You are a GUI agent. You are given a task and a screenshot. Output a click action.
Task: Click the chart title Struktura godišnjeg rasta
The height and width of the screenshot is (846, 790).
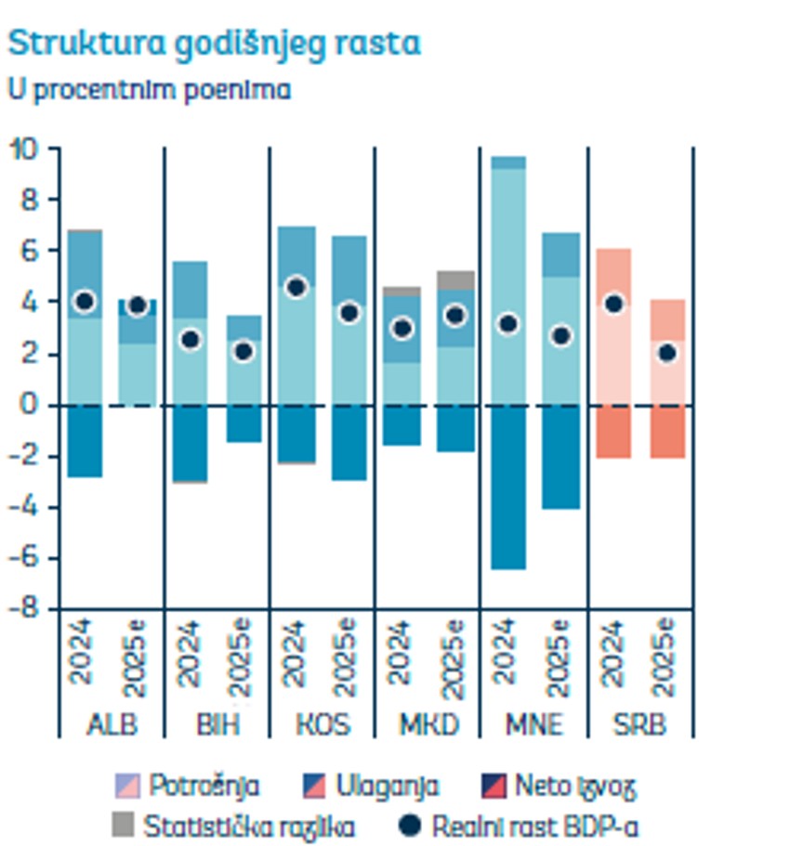click(x=214, y=43)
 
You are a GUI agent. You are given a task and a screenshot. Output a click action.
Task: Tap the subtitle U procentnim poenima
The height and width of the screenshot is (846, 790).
click(x=149, y=90)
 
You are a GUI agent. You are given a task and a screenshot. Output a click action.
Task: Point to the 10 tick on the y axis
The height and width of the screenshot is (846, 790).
click(x=26, y=149)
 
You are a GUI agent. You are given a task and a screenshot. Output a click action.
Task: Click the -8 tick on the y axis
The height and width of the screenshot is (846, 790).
click(x=26, y=609)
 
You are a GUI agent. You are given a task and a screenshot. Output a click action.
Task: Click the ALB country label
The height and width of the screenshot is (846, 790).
click(x=112, y=724)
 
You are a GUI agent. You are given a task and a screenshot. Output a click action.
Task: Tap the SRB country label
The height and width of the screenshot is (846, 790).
click(x=640, y=724)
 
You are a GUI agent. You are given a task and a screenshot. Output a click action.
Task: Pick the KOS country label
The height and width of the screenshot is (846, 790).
click(x=322, y=724)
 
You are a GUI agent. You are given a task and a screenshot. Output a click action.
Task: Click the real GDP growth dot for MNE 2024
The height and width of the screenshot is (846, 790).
click(x=508, y=324)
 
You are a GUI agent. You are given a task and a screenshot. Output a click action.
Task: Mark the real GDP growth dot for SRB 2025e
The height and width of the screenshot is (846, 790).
click(x=666, y=353)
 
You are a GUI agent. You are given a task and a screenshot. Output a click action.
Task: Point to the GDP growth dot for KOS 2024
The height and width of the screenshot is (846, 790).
click(x=296, y=287)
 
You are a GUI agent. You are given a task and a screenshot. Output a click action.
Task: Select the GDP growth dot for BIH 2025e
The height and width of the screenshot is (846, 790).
click(x=244, y=351)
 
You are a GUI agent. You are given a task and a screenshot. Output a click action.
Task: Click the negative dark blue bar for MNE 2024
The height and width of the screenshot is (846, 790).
click(x=508, y=487)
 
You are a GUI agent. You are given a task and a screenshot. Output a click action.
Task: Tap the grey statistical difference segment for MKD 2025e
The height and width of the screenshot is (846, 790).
click(x=455, y=280)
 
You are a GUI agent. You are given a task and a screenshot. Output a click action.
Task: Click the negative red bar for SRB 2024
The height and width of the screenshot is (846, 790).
click(x=613, y=431)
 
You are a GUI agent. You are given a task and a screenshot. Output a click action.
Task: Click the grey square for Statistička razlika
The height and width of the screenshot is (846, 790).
click(x=124, y=825)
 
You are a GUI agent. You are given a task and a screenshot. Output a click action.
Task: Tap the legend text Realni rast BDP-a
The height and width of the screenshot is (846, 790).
click(x=534, y=825)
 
